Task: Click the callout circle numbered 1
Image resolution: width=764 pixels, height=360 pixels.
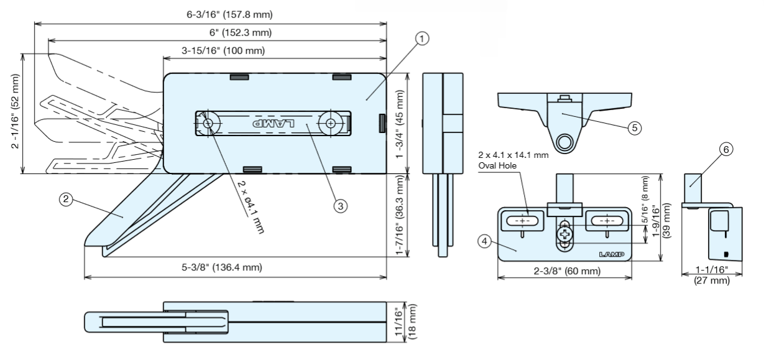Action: click(422, 39)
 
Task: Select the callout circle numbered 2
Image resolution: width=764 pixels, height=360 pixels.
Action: click(65, 199)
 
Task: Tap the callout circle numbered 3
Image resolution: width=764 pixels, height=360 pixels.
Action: click(339, 206)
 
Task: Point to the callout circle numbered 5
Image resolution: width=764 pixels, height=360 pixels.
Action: click(634, 127)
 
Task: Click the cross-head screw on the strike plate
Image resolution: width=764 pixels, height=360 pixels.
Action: click(565, 235)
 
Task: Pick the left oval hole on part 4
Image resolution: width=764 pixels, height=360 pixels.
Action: click(522, 220)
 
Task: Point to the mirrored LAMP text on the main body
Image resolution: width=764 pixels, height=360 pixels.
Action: click(269, 124)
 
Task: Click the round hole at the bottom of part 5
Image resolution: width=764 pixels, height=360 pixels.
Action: click(564, 142)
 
